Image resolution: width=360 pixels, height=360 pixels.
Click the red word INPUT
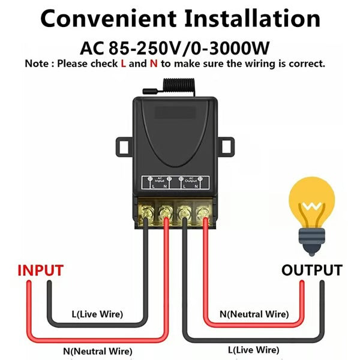[x=41, y=270]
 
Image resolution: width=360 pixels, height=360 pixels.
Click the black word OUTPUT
[x=312, y=270]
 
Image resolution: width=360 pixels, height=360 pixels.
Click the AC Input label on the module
[x=160, y=179]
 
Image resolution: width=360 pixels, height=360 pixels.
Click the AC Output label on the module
[x=191, y=179]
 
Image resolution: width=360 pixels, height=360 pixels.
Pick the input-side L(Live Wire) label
[x=97, y=314]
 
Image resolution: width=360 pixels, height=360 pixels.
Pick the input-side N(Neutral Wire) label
[x=98, y=351]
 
